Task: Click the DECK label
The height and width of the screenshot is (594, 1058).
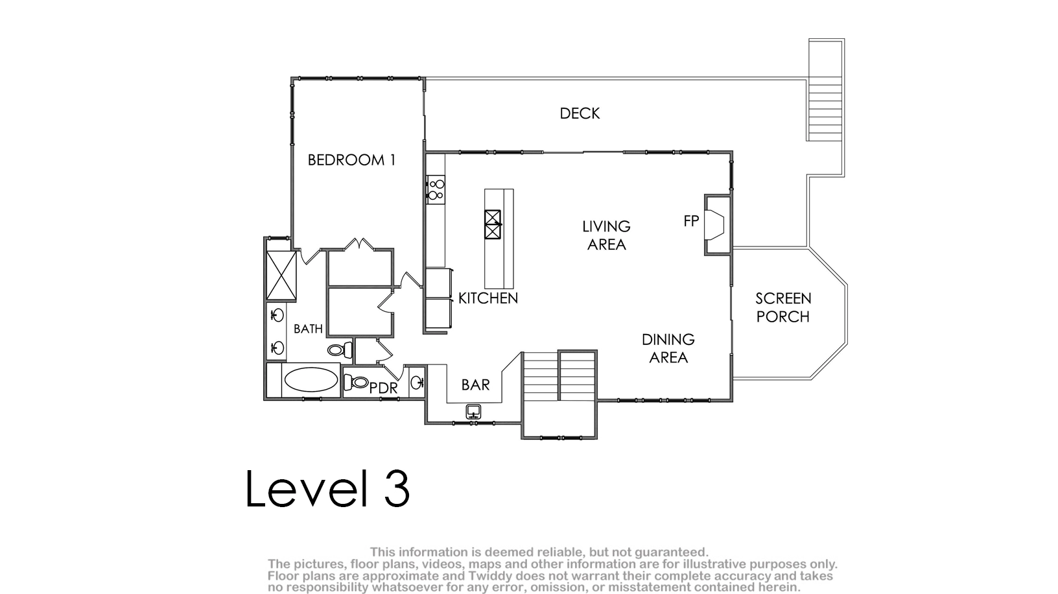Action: [580, 113]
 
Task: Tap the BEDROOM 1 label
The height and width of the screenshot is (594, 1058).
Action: [351, 160]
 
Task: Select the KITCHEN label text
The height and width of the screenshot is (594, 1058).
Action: [488, 298]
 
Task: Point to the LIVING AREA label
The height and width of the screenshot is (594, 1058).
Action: [606, 235]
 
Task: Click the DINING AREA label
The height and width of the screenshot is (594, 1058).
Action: [668, 348]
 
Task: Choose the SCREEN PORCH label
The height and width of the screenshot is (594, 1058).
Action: [783, 307]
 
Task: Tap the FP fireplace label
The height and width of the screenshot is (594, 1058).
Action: [691, 220]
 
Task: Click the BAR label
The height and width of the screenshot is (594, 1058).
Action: [475, 385]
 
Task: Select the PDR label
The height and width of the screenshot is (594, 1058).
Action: [383, 388]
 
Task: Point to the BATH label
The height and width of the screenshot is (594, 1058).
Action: [308, 329]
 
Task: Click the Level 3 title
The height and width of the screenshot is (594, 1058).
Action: [327, 488]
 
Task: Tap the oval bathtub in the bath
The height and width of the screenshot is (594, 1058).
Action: [311, 380]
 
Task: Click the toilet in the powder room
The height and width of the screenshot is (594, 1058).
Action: [356, 382]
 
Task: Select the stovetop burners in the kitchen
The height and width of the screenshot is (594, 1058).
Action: [436, 189]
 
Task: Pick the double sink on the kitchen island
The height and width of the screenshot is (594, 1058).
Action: [493, 224]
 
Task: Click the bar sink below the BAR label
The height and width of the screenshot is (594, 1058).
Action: [473, 412]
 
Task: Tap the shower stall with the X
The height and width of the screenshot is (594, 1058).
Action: [281, 276]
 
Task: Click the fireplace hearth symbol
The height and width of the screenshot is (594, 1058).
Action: [714, 225]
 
